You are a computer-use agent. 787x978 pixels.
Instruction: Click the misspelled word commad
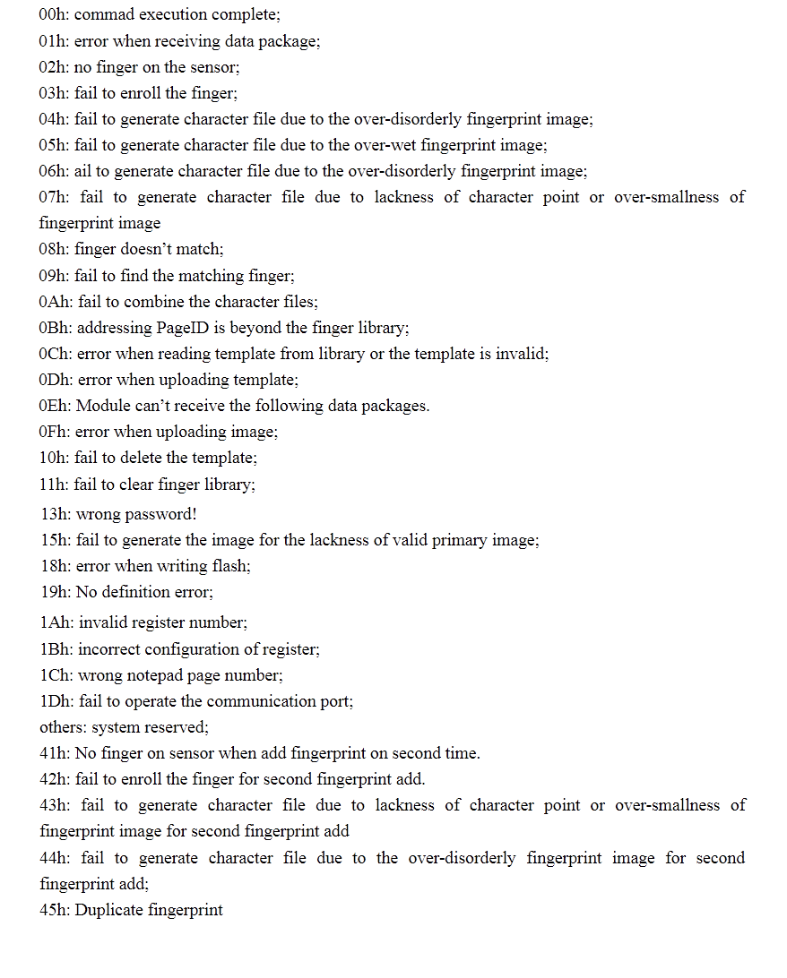(x=107, y=15)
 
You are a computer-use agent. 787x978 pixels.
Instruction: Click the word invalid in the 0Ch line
(x=521, y=354)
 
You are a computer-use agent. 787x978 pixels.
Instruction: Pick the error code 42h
(x=54, y=779)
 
